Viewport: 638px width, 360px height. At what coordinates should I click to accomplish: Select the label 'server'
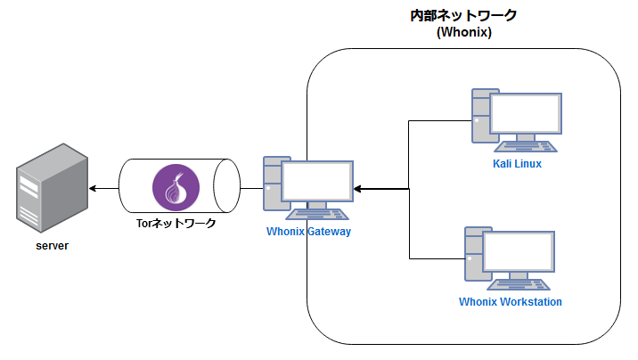click(x=53, y=245)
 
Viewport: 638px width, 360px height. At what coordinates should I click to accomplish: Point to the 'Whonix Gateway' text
click(x=309, y=232)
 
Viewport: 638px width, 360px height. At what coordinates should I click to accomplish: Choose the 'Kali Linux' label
click(x=517, y=164)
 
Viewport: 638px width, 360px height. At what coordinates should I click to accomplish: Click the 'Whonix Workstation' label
click(x=511, y=301)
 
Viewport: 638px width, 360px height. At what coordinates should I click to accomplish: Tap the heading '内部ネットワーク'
click(x=464, y=16)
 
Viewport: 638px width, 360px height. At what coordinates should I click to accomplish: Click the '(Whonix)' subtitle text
click(x=464, y=32)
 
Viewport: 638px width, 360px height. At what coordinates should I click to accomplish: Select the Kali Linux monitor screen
click(x=527, y=114)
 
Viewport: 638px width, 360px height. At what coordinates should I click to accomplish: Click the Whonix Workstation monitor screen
click(x=521, y=252)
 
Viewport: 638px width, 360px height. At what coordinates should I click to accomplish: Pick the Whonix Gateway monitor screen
click(x=317, y=183)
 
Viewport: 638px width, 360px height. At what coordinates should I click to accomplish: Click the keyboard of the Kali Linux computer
click(x=528, y=145)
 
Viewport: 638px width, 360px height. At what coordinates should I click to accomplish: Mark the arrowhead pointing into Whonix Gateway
click(x=357, y=189)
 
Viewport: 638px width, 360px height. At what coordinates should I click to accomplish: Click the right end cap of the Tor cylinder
click(x=227, y=188)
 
